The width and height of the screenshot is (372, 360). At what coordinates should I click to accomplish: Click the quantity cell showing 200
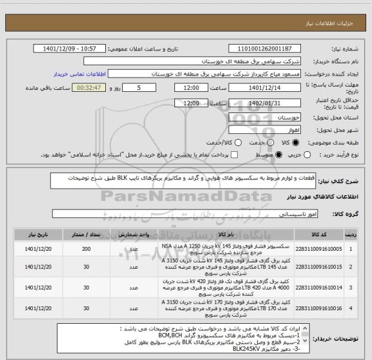pos(86,248)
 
